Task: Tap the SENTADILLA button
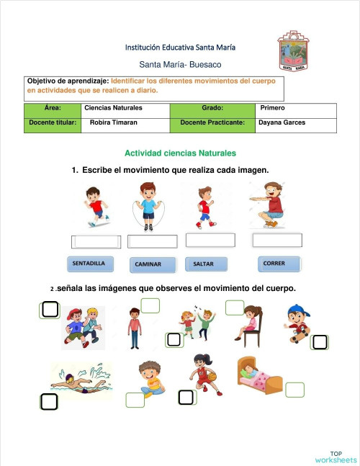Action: click(x=89, y=264)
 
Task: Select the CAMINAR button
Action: click(x=152, y=265)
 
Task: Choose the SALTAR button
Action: click(x=205, y=264)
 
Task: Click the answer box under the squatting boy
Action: click(x=277, y=240)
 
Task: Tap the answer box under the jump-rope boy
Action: click(x=152, y=241)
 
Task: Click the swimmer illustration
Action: click(x=81, y=380)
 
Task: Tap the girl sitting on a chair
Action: click(x=249, y=323)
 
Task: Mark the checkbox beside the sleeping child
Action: click(x=294, y=390)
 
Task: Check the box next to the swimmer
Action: click(x=49, y=401)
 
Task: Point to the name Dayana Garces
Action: click(x=282, y=122)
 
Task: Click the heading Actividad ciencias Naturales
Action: click(x=180, y=153)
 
